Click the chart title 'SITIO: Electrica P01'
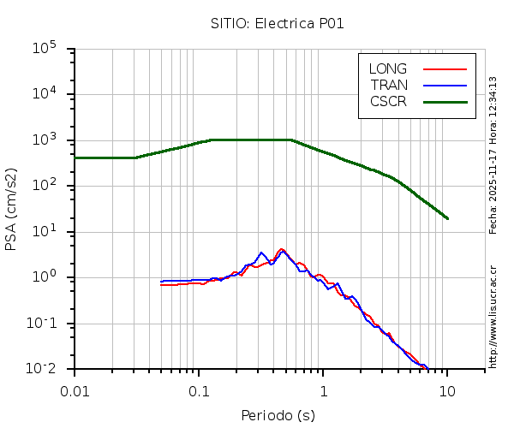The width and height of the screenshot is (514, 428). click(278, 23)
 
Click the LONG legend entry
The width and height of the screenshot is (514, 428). click(388, 68)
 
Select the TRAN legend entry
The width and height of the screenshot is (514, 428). click(389, 85)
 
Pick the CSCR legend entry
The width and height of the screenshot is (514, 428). click(388, 101)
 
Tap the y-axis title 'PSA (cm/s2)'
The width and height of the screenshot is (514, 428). click(12, 209)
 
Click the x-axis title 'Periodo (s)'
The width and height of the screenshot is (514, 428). click(278, 416)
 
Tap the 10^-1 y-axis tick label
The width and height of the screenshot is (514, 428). click(43, 324)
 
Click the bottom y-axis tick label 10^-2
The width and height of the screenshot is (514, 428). click(43, 369)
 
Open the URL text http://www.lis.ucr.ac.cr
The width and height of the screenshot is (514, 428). click(493, 316)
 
